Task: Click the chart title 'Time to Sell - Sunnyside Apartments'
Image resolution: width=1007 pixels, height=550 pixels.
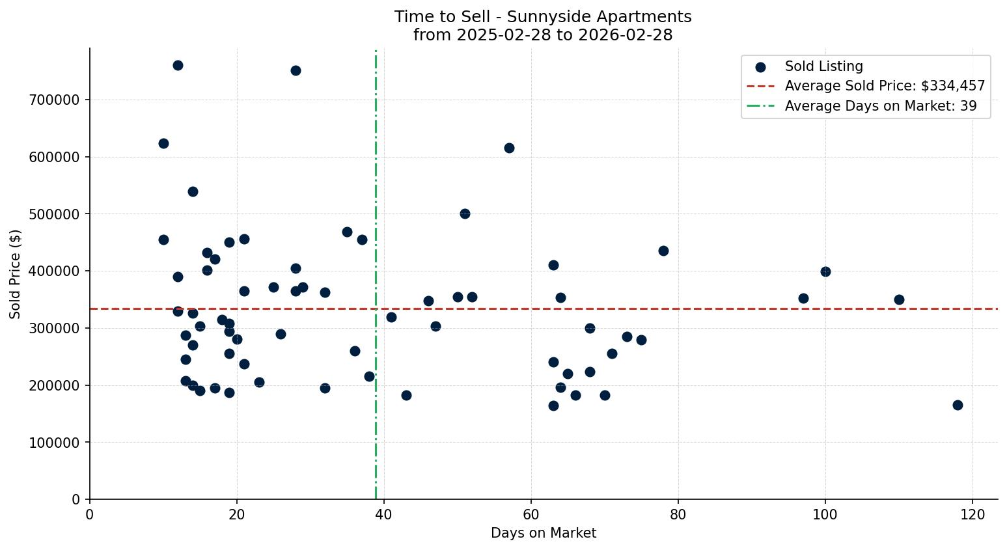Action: pos(543,17)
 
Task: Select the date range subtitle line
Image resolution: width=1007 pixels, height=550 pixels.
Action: pos(543,35)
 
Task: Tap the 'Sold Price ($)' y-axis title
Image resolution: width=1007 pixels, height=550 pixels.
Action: pos(15,274)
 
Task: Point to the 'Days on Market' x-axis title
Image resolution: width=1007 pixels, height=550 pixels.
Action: pos(543,534)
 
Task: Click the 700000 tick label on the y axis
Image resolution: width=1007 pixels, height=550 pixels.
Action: pos(55,100)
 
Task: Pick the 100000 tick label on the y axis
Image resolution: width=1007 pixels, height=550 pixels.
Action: pos(55,443)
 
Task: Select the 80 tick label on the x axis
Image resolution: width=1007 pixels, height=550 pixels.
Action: pos(678,514)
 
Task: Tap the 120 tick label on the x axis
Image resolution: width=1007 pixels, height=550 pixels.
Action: pos(973,514)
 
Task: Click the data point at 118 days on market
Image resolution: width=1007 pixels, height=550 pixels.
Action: pos(958,405)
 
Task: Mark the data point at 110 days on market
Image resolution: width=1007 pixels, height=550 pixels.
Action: pos(899,299)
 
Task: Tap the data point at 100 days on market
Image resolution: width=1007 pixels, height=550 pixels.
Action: pos(825,271)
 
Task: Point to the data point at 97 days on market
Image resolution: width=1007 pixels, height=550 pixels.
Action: pos(803,298)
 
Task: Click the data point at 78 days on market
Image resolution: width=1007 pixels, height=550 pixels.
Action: pos(663,251)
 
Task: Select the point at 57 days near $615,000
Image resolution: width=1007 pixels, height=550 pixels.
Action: pos(509,148)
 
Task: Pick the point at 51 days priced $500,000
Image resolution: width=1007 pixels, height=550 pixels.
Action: pos(465,213)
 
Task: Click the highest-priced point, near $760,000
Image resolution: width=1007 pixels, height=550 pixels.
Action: pos(178,65)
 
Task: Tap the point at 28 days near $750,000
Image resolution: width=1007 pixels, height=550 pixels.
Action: pos(296,70)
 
